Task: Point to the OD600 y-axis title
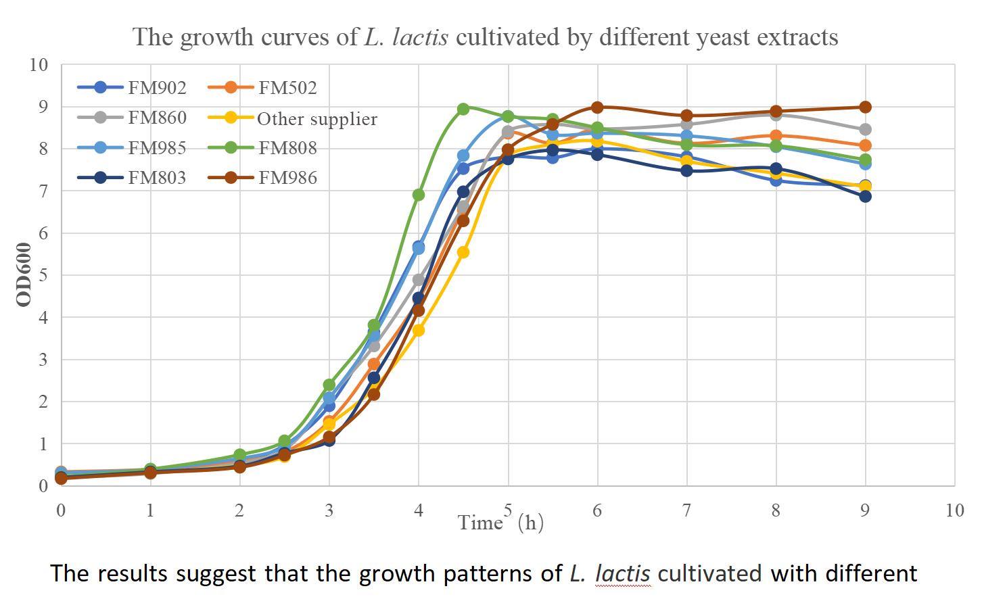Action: [x=24, y=274]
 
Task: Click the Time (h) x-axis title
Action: [x=500, y=523]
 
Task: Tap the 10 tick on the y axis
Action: [x=39, y=65]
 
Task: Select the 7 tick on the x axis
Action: [x=686, y=510]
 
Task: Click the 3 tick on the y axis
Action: [x=43, y=360]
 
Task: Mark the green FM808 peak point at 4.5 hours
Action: [x=463, y=109]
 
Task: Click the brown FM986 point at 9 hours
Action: [x=865, y=107]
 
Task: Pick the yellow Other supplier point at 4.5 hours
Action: [x=463, y=252]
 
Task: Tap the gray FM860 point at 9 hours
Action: [x=865, y=129]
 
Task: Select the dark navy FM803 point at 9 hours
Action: [x=865, y=196]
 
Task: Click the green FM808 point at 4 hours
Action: [x=419, y=195]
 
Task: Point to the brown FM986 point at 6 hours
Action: [x=597, y=107]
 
